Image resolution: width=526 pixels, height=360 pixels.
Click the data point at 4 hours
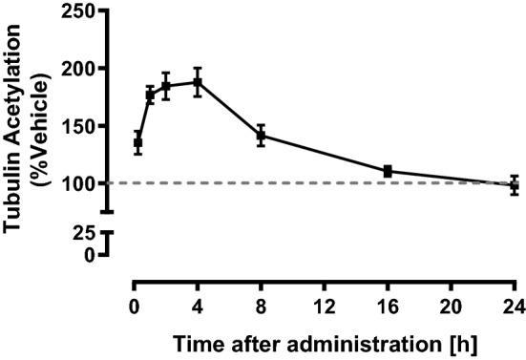pyautogui.click(x=198, y=81)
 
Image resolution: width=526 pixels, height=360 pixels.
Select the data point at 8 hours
pyautogui.click(x=261, y=135)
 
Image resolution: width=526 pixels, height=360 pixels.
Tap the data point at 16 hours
pyautogui.click(x=388, y=171)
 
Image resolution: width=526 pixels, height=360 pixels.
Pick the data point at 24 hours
pyautogui.click(x=514, y=185)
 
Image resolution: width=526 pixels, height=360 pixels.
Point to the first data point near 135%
pyautogui.click(x=137, y=143)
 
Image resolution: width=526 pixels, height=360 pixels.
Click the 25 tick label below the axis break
pyautogui.click(x=85, y=233)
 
